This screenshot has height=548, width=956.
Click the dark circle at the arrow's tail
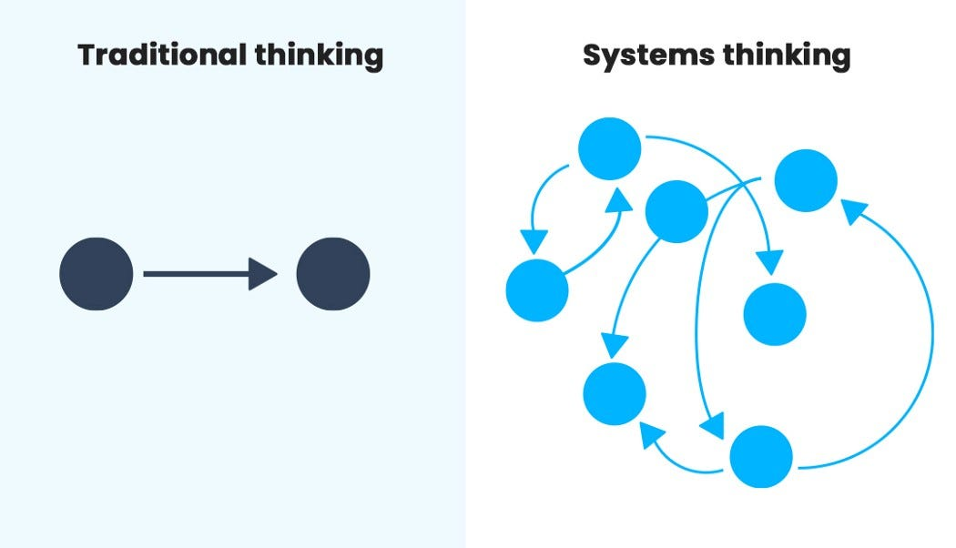[96, 274]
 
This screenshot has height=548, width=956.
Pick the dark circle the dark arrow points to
[333, 274]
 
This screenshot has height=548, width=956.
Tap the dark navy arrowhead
[262, 274]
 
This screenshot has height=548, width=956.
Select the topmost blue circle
[610, 148]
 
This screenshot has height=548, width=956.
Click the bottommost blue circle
[761, 456]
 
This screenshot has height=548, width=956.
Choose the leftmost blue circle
[537, 290]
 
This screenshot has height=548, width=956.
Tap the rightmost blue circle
[806, 180]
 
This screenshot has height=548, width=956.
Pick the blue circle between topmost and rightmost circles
[676, 211]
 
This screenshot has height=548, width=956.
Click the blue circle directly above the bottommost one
[775, 314]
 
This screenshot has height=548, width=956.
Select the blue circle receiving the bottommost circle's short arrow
[615, 393]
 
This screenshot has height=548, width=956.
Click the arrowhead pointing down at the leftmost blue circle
[534, 241]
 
